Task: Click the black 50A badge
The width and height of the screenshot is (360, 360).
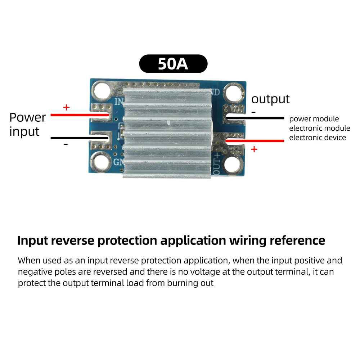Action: coord(174,64)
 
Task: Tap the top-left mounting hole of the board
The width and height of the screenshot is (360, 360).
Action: coord(102,90)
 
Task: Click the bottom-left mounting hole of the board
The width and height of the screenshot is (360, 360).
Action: coord(100,162)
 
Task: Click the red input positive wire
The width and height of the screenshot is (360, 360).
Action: coord(80,115)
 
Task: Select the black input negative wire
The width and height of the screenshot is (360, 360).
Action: coord(80,138)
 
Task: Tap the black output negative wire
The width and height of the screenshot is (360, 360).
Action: coord(255,118)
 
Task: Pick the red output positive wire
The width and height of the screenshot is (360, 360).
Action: coord(255,140)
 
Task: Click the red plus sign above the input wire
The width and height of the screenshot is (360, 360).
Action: coord(66,107)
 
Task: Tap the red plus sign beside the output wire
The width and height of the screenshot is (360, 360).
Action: coord(254,149)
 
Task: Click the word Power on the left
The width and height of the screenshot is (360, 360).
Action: coord(28,118)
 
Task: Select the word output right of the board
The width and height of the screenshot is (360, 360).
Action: coord(270,100)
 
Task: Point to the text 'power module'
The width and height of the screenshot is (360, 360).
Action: coord(314,119)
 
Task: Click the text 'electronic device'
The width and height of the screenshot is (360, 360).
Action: coord(317,138)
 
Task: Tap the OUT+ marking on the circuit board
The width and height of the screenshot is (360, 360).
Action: coord(216,164)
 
